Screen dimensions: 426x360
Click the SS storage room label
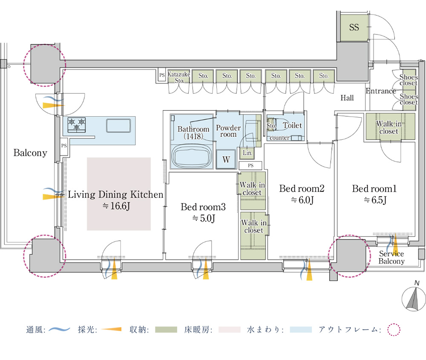(354, 27)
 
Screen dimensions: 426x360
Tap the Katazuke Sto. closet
(179, 77)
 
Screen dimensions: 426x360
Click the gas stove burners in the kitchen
(77, 125)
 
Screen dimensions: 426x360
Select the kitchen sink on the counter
(118, 126)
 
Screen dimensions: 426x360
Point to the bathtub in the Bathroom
(192, 156)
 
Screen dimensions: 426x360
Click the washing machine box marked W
(226, 159)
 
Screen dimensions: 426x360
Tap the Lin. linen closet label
(248, 153)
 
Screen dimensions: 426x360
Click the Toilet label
(292, 125)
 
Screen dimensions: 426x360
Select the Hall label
(347, 98)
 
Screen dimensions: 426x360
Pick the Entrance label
(380, 91)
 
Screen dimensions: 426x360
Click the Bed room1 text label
(374, 189)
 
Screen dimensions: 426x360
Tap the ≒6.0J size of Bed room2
(302, 200)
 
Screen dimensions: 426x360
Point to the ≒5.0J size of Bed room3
(204, 218)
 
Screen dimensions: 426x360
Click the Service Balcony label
(391, 257)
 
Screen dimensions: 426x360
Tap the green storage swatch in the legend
(166, 330)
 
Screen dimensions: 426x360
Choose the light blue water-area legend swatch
(301, 330)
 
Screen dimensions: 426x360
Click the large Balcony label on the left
(30, 153)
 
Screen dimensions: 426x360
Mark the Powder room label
(228, 131)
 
